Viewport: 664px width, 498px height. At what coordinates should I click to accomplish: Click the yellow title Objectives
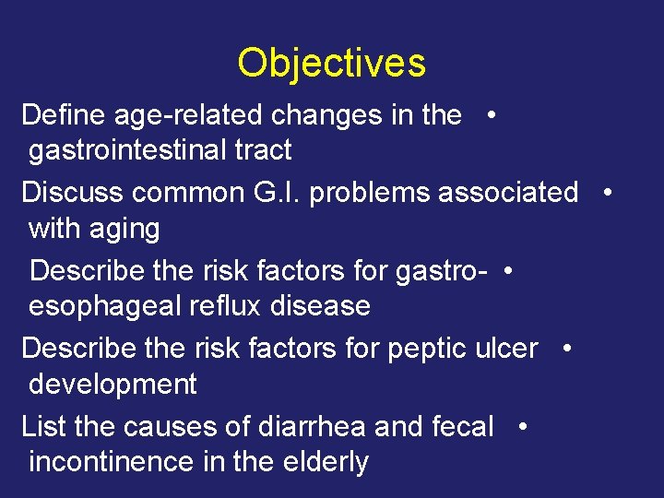click(331, 63)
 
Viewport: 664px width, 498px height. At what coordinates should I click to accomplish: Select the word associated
click(508, 193)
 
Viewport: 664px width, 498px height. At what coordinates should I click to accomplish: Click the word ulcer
click(508, 349)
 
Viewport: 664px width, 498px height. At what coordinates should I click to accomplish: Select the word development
click(113, 385)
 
